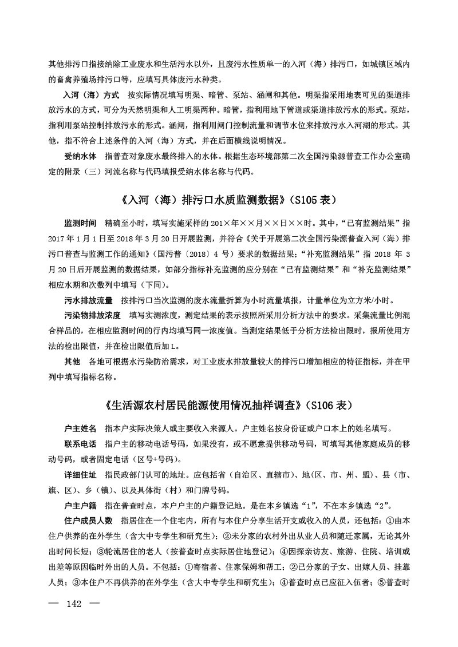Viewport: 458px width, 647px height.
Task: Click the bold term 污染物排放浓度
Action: click(92, 315)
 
